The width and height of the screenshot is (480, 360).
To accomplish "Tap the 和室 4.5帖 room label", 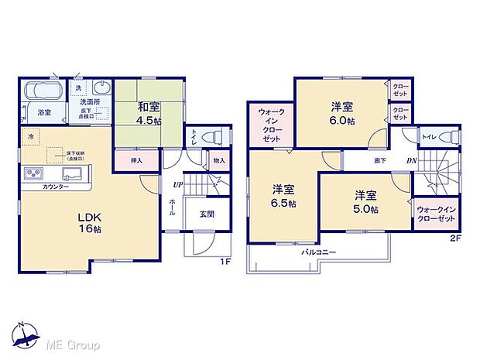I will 149,114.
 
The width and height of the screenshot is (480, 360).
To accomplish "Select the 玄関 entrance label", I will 207,214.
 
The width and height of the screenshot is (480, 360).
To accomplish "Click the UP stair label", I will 178,185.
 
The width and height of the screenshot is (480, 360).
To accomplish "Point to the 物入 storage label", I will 218,160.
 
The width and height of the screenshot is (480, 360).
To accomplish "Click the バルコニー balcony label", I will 317,252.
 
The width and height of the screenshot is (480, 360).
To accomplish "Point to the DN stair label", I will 411,161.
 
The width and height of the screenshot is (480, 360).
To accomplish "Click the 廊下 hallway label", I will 381,161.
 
